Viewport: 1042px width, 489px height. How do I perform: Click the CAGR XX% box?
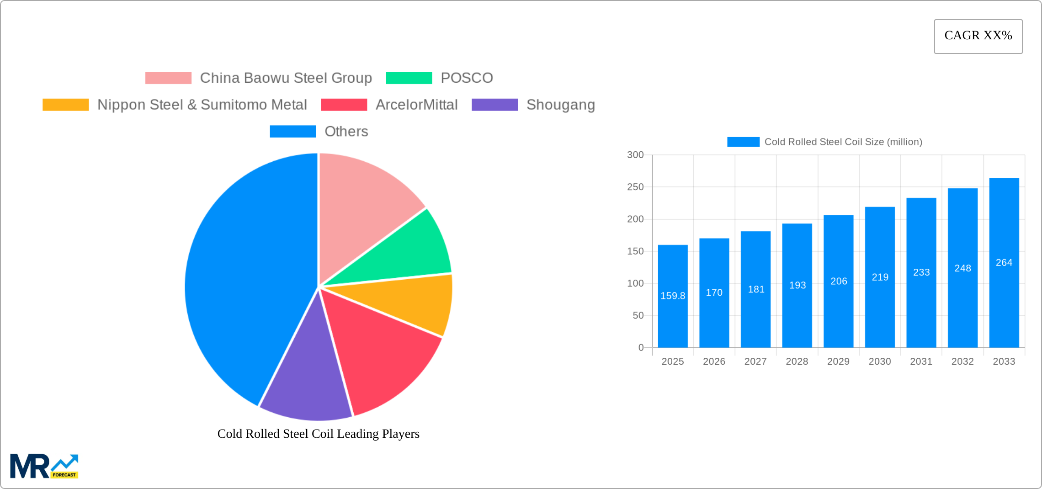(978, 36)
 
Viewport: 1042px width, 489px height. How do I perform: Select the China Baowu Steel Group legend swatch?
(168, 78)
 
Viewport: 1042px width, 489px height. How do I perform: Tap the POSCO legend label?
(467, 78)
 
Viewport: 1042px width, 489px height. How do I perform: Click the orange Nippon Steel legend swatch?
(66, 105)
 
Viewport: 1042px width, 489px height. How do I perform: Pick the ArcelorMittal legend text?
(416, 105)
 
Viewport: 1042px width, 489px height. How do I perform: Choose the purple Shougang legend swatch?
(494, 105)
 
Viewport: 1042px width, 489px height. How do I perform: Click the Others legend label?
(346, 132)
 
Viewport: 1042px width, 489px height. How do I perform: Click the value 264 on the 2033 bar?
(1004, 263)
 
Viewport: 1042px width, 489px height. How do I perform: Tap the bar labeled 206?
(838, 281)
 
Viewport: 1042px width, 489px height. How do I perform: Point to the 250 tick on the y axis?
(635, 187)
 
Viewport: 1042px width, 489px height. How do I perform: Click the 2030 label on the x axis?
(879, 361)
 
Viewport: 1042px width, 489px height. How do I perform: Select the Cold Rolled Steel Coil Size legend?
(824, 142)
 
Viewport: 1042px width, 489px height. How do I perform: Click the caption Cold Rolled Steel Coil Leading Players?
(318, 434)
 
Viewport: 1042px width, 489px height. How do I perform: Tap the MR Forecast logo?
(44, 466)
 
